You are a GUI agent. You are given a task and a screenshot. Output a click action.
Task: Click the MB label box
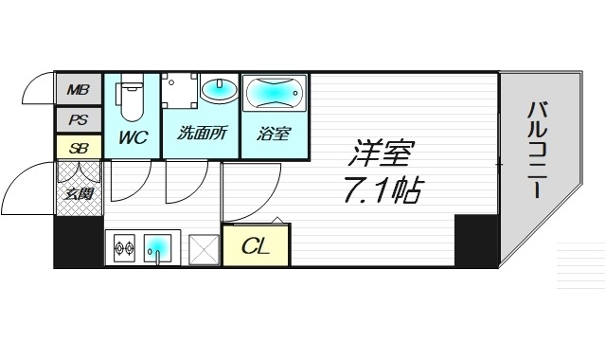point(78,92)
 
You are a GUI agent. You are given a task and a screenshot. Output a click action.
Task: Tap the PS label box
point(78,120)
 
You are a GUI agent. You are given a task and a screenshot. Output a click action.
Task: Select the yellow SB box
point(78,147)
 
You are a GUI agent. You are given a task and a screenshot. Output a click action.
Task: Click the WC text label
point(132,136)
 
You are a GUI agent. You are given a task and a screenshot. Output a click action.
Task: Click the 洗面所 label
point(201,134)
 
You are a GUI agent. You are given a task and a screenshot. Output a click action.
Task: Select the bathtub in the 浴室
point(274,96)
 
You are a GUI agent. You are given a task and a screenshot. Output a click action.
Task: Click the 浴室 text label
point(273,134)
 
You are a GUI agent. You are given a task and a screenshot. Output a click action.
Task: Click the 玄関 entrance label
point(78,195)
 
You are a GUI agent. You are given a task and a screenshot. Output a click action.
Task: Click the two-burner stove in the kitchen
point(125,250)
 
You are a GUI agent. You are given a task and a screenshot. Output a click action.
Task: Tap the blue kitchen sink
point(158,249)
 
